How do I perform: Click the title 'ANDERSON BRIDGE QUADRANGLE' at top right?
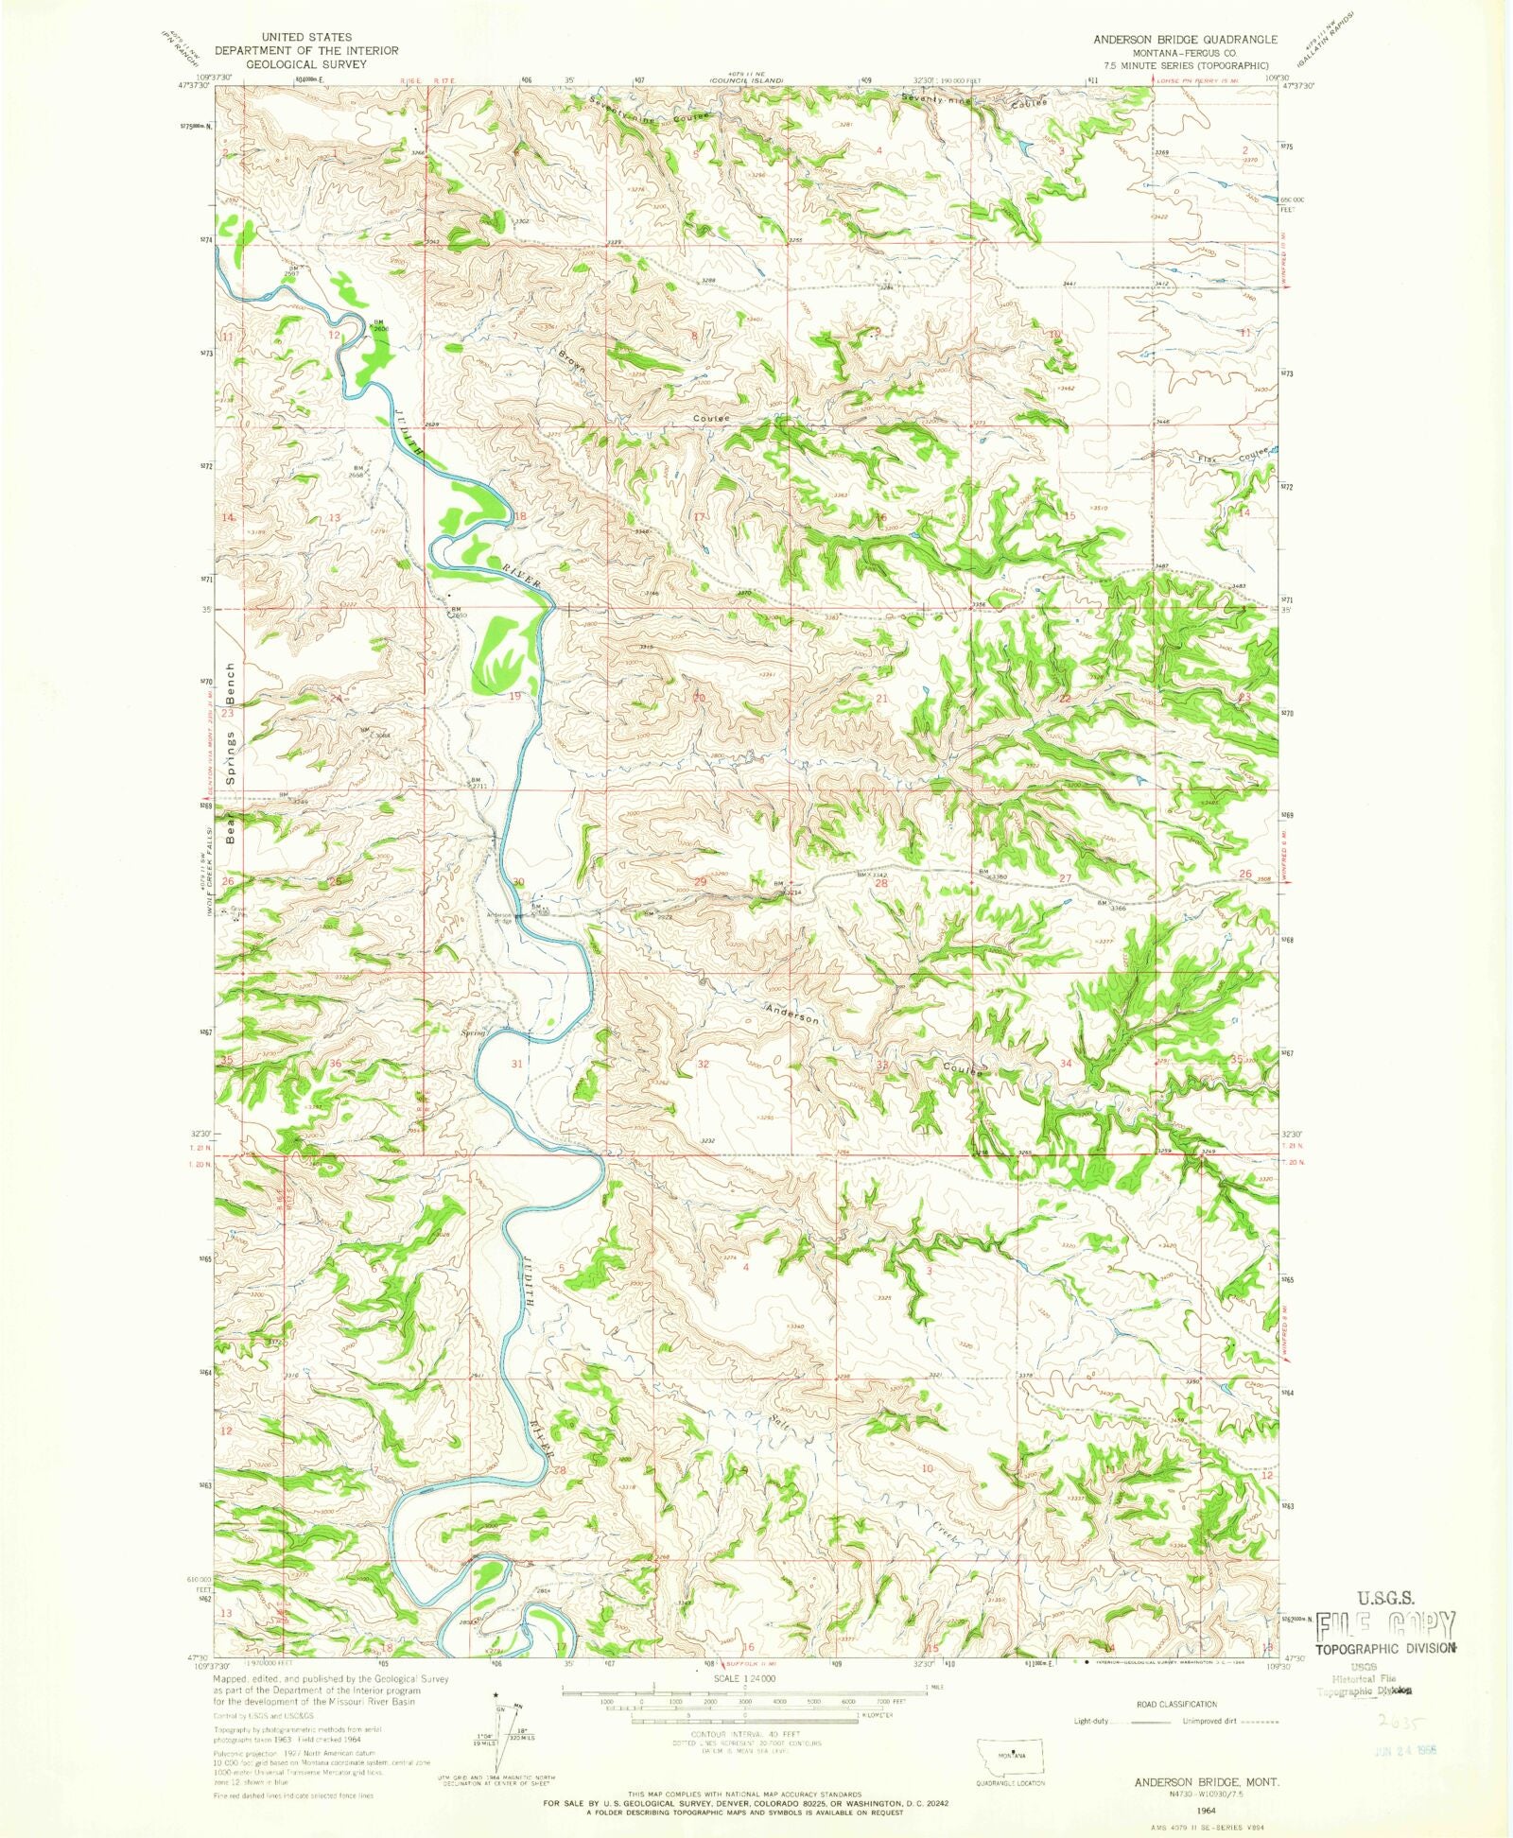tap(1184, 39)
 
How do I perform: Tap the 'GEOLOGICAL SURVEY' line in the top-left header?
tap(305, 64)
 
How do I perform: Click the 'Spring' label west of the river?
tap(472, 1033)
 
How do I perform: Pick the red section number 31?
tap(516, 1064)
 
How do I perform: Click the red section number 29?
tap(700, 882)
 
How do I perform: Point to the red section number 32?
tap(703, 1065)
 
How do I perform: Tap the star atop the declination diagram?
tap(496, 1695)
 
